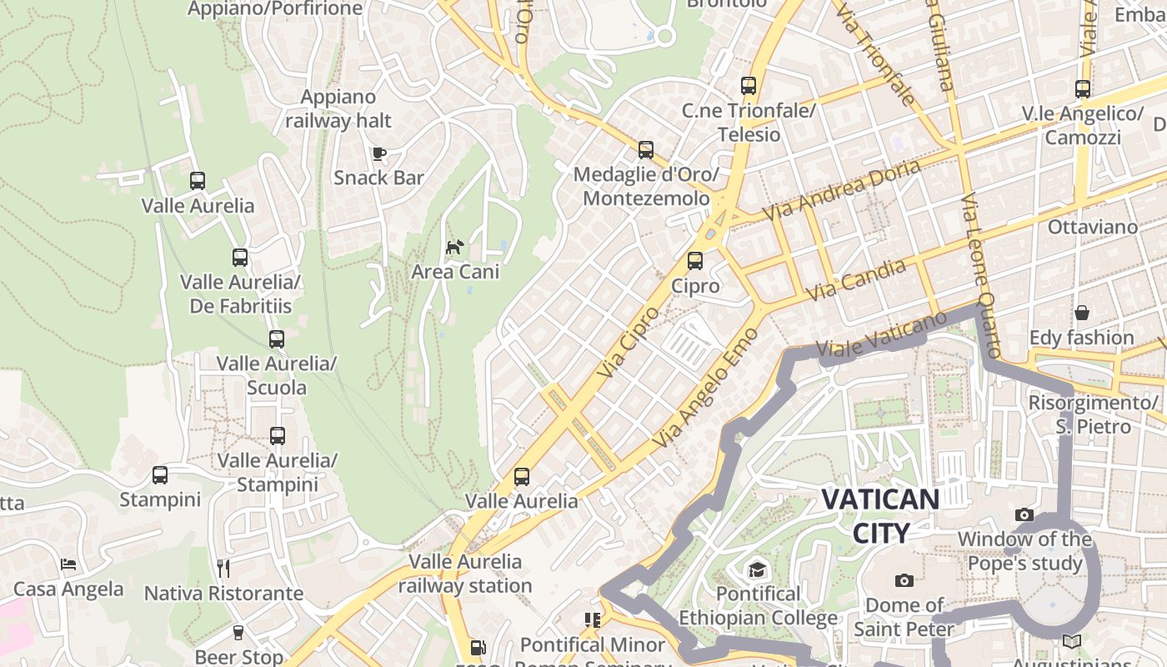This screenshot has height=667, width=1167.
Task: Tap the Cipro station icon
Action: click(x=695, y=261)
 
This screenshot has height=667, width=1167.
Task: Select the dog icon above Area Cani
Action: click(x=454, y=247)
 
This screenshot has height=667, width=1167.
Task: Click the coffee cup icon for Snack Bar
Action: click(x=379, y=153)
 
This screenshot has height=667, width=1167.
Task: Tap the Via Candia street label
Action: click(x=856, y=280)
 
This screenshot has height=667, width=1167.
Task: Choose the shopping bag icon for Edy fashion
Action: click(x=1081, y=313)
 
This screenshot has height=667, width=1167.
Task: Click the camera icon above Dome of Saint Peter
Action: click(x=904, y=580)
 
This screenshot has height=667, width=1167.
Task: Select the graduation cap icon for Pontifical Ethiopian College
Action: click(x=757, y=569)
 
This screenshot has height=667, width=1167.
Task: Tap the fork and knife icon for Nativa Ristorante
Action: click(x=223, y=569)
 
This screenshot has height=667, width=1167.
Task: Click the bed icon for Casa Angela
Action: click(x=68, y=564)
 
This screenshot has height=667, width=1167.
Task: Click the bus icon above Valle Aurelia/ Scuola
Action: click(x=277, y=339)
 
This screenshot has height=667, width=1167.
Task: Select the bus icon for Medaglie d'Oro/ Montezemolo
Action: click(x=646, y=150)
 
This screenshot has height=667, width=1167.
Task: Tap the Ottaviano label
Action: click(x=1092, y=227)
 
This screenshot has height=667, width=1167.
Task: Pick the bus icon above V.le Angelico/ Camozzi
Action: click(x=1082, y=89)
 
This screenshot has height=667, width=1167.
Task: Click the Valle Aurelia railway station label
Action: click(x=464, y=574)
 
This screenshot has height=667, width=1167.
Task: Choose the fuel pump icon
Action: click(x=477, y=648)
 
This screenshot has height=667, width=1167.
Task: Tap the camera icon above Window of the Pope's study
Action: click(x=1024, y=515)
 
